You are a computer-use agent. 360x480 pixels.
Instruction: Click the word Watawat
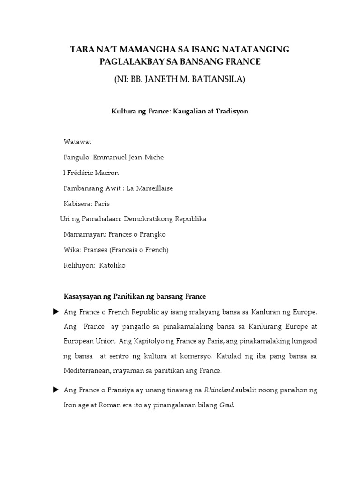[77, 142]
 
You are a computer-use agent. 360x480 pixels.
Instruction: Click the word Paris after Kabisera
[102, 203]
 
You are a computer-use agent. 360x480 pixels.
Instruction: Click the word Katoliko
[112, 265]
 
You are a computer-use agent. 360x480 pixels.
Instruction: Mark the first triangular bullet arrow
[56, 311]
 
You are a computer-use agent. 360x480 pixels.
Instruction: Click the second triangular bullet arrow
[56, 389]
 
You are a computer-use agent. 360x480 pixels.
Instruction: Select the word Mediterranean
[92, 371]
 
